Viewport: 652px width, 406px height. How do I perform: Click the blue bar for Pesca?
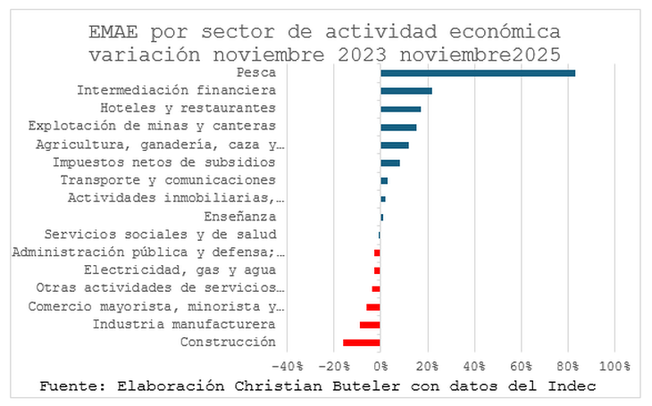tap(477, 73)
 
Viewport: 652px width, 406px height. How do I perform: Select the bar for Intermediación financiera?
tap(405, 91)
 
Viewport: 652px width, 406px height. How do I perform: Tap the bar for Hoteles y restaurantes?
tap(400, 109)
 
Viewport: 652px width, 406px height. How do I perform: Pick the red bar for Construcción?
tap(362, 343)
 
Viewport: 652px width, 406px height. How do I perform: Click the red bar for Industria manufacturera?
tap(370, 325)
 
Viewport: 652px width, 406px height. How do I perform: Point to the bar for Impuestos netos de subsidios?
tap(389, 162)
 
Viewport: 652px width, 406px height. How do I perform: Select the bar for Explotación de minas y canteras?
tap(398, 127)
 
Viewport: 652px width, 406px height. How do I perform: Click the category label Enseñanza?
tap(239, 217)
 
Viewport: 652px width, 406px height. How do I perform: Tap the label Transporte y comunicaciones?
tap(168, 180)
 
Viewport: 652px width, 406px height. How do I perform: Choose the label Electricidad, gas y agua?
tap(180, 270)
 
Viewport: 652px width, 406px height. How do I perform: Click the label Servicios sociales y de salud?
tap(160, 235)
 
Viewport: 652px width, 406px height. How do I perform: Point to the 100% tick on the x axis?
tap(614, 366)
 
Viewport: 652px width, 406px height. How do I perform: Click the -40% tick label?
tap(287, 366)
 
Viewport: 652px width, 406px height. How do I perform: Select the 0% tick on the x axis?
tap(380, 366)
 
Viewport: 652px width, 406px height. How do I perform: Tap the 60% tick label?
tap(522, 366)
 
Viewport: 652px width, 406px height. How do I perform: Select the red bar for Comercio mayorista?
tap(372, 307)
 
